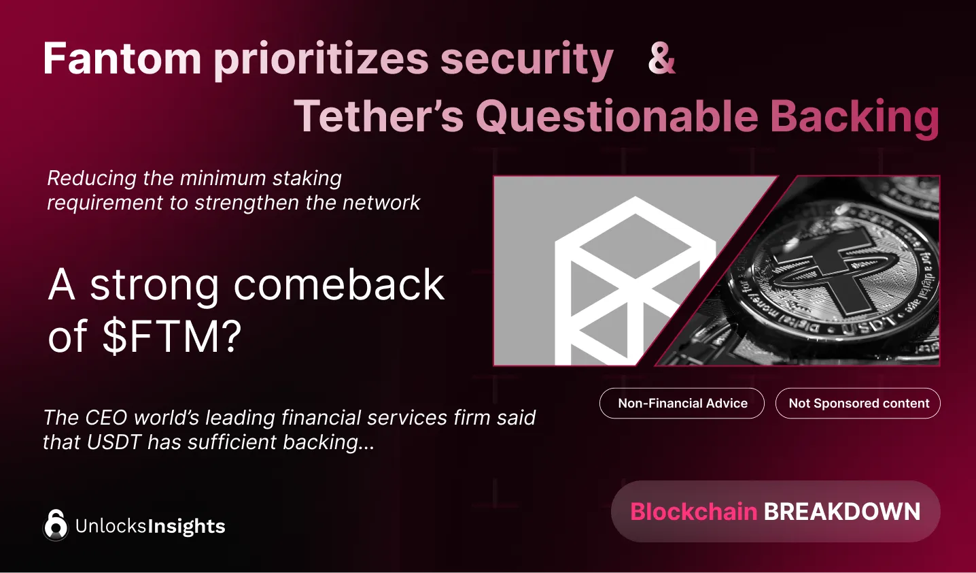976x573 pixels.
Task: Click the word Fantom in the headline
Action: point(122,59)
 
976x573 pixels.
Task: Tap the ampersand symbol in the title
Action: point(661,59)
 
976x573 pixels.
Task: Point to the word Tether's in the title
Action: point(379,116)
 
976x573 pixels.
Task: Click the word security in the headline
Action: point(527,60)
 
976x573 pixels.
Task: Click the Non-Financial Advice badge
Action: point(682,404)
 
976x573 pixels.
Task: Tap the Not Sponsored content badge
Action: point(858,404)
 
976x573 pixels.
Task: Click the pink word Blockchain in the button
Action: point(693,512)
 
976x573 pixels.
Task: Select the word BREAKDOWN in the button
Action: point(842,512)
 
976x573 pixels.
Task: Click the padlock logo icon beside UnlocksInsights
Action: point(56,525)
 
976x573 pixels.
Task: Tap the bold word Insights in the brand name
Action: point(186,527)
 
